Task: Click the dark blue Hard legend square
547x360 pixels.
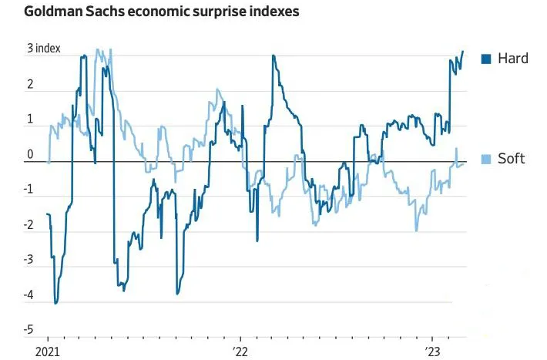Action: [x=486, y=58]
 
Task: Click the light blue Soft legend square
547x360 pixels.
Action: [x=486, y=159]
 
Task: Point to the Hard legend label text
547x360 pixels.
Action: [x=513, y=58]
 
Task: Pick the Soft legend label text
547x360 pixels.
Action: [x=512, y=159]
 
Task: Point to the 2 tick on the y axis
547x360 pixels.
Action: [x=31, y=85]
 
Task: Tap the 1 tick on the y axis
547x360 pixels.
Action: [x=31, y=119]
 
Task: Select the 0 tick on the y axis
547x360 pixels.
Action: [x=31, y=155]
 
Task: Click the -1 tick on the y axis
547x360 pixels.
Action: [x=29, y=190]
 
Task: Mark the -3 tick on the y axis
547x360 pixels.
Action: [x=29, y=261]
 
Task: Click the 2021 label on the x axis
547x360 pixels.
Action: [x=48, y=352]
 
